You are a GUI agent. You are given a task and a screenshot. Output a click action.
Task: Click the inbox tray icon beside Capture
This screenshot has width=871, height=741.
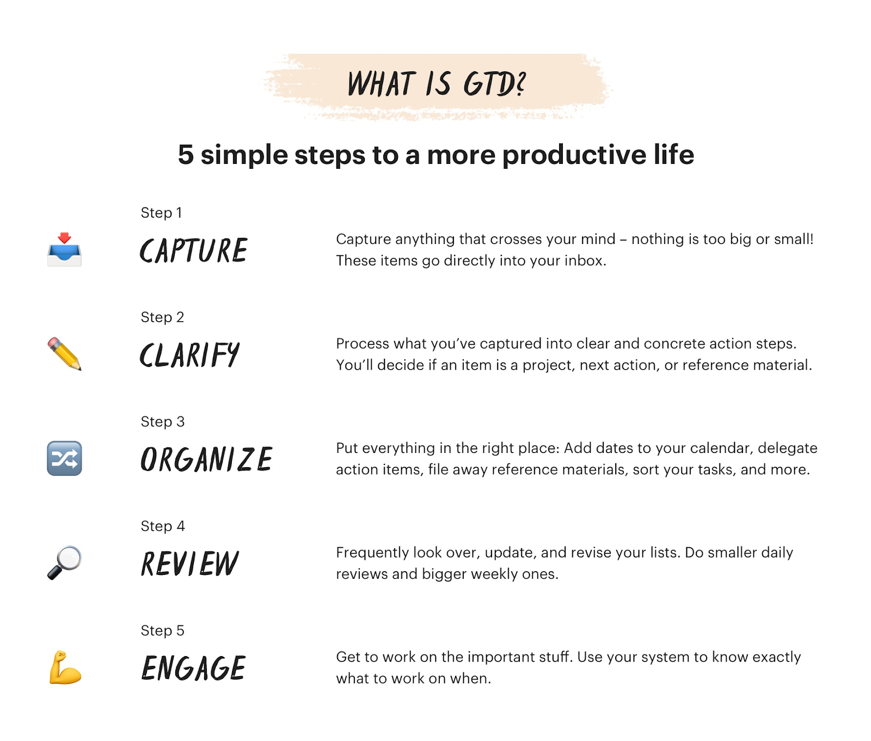click(x=64, y=250)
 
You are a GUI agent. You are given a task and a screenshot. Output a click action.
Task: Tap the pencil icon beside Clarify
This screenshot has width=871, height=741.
click(x=64, y=354)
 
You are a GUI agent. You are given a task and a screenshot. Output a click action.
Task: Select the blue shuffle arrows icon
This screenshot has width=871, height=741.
click(x=64, y=458)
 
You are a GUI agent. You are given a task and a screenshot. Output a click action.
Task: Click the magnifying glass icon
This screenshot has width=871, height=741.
click(x=64, y=563)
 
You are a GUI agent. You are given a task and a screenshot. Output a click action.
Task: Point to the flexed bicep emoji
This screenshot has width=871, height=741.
click(x=65, y=667)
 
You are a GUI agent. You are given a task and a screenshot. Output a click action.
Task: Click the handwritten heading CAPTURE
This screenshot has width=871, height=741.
click(x=194, y=250)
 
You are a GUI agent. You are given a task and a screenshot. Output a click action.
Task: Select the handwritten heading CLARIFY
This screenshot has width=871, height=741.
click(x=189, y=355)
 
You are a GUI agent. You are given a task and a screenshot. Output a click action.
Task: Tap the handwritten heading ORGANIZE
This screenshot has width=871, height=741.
click(x=206, y=459)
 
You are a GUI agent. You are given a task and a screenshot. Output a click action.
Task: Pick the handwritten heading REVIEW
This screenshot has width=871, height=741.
click(x=189, y=564)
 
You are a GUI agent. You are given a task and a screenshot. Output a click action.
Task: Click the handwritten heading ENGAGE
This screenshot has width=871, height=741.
click(x=193, y=668)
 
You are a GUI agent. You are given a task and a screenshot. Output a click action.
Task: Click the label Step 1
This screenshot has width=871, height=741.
click(x=161, y=213)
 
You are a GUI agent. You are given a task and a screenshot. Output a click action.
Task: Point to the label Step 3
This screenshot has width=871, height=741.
click(x=162, y=422)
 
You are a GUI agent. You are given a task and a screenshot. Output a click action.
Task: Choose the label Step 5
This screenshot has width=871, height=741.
click(x=162, y=631)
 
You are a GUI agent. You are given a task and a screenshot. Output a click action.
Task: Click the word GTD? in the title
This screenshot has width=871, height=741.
click(x=494, y=84)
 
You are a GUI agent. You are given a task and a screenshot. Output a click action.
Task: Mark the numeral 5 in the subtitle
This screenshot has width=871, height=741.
click(x=186, y=155)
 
